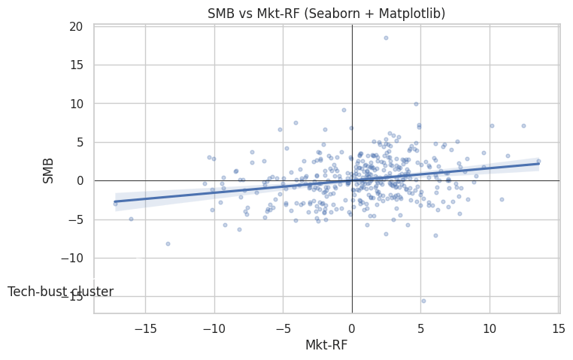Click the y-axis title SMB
(48, 171)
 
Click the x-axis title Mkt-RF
(326, 345)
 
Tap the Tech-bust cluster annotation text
(61, 292)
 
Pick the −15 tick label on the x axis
(145, 328)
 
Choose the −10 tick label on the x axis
(214, 328)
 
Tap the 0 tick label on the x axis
(352, 328)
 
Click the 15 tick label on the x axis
(559, 328)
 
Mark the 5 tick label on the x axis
(420, 328)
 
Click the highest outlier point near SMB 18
(386, 38)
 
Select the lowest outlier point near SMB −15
(423, 301)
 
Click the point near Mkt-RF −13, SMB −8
(168, 244)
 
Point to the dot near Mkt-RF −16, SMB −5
(131, 219)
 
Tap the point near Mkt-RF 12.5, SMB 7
(523, 126)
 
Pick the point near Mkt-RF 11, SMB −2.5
(502, 200)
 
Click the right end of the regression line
(538, 164)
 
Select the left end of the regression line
(115, 201)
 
